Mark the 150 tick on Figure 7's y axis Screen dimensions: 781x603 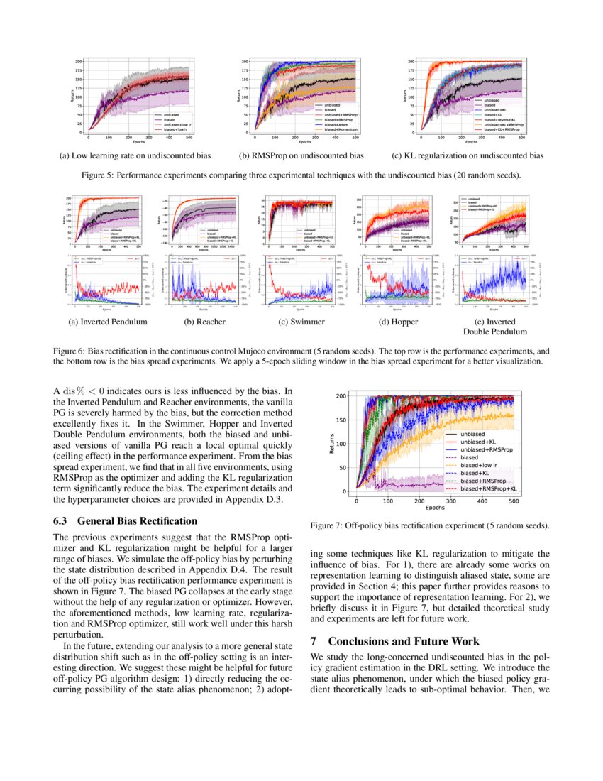344,420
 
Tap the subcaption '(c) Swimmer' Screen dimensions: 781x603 300,322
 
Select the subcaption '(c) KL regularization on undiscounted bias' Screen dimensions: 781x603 468,155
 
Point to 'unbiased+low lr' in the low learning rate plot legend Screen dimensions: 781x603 177,125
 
